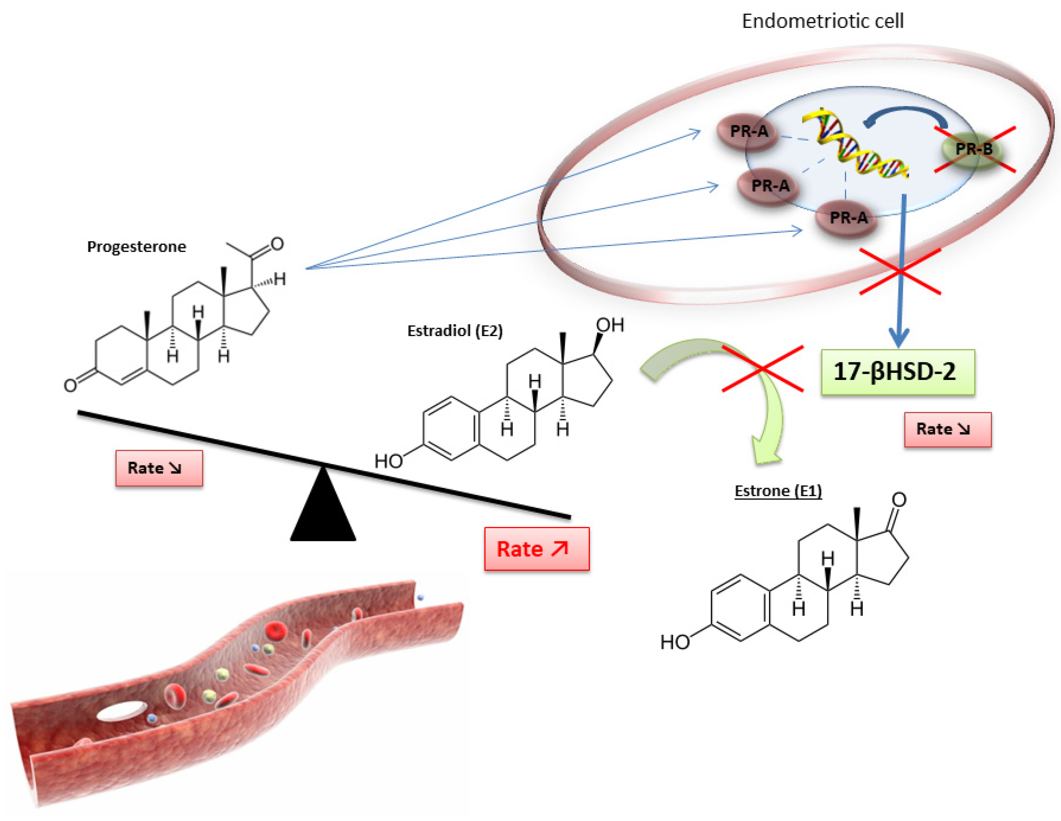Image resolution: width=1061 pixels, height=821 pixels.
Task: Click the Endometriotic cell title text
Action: [x=823, y=21]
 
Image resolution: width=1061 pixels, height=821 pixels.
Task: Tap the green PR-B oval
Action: [x=973, y=149]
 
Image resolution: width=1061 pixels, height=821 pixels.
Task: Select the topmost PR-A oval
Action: [x=748, y=131]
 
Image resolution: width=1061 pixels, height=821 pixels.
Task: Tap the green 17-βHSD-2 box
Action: [x=897, y=372]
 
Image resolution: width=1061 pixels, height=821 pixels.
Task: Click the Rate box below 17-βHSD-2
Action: [x=947, y=429]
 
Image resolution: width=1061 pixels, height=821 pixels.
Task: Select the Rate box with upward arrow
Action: [x=536, y=549]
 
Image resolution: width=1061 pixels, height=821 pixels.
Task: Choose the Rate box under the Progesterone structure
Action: [x=159, y=468]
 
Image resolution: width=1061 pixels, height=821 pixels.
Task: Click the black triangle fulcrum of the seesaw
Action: [x=323, y=510]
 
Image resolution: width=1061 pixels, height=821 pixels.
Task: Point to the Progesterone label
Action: [x=137, y=247]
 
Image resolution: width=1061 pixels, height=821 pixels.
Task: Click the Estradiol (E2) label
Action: [x=455, y=331]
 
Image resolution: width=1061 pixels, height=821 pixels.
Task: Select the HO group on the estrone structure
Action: [x=675, y=642]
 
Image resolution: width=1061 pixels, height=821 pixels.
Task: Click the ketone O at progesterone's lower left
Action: [x=71, y=385]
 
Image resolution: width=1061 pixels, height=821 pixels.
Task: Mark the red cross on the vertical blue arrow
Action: [x=900, y=272]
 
